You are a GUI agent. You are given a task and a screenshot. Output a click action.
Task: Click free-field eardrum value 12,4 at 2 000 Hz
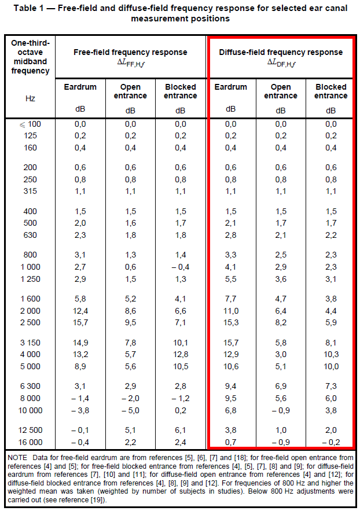pos(80,310)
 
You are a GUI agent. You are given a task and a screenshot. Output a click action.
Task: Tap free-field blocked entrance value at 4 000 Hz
pos(181,354)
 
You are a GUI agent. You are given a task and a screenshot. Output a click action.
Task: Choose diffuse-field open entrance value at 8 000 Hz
pos(281,398)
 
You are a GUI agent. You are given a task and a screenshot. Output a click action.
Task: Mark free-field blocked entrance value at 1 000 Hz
pos(181,267)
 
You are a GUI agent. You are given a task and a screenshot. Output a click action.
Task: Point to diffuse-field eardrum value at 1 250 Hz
pos(230,278)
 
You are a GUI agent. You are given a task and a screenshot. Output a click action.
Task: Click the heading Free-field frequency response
pos(130,53)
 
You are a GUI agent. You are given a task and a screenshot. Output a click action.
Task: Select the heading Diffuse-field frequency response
pos(281,53)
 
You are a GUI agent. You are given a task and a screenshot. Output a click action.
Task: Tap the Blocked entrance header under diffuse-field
pos(330,91)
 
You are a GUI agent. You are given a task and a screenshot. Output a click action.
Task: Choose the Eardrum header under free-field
pos(80,87)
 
